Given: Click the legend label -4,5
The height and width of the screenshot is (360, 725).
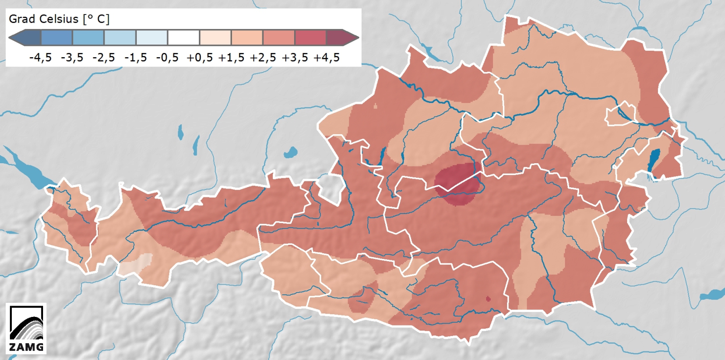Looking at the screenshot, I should coord(40,58).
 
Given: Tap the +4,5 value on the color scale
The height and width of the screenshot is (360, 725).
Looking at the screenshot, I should coord(327,58).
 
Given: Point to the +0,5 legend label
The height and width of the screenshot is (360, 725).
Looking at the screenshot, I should coord(200,58).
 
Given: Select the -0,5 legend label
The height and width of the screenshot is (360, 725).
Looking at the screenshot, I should coord(167,58).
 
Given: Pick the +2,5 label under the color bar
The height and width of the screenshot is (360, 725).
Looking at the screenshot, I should coord(263,58).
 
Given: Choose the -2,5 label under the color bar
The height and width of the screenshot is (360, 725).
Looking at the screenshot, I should coord(104,58).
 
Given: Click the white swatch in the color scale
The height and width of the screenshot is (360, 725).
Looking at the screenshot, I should coord(184,38).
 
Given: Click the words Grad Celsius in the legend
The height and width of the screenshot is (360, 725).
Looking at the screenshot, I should coord(43,19).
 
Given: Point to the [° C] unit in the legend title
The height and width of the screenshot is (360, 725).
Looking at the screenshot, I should coord(96,19).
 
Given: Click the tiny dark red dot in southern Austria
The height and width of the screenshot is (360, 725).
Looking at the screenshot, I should coord(488,299).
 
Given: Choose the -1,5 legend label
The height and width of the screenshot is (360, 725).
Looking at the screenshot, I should coord(136,58).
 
